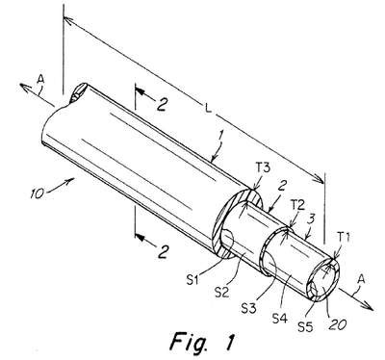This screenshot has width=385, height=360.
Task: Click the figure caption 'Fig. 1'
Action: (x=202, y=342)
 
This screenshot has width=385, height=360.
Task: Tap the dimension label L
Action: (x=209, y=109)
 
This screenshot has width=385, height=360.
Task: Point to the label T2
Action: (x=296, y=206)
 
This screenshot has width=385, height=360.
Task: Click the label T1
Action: (x=343, y=238)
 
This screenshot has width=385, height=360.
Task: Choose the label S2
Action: (x=222, y=293)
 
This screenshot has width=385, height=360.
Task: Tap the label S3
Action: (x=249, y=309)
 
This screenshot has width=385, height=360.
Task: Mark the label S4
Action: (x=280, y=318)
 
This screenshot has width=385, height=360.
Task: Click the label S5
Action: (x=305, y=326)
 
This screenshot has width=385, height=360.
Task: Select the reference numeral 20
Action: (x=337, y=324)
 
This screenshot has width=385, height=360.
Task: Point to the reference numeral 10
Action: (x=38, y=193)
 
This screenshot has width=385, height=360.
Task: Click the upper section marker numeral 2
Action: (x=162, y=105)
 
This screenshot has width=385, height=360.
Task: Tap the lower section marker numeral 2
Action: (x=163, y=252)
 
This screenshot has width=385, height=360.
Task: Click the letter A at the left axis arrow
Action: (x=40, y=79)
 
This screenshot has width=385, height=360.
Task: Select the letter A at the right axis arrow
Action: (x=361, y=279)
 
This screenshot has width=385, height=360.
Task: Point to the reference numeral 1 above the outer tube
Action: (x=219, y=137)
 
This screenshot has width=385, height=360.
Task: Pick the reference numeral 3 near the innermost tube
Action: (x=312, y=220)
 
